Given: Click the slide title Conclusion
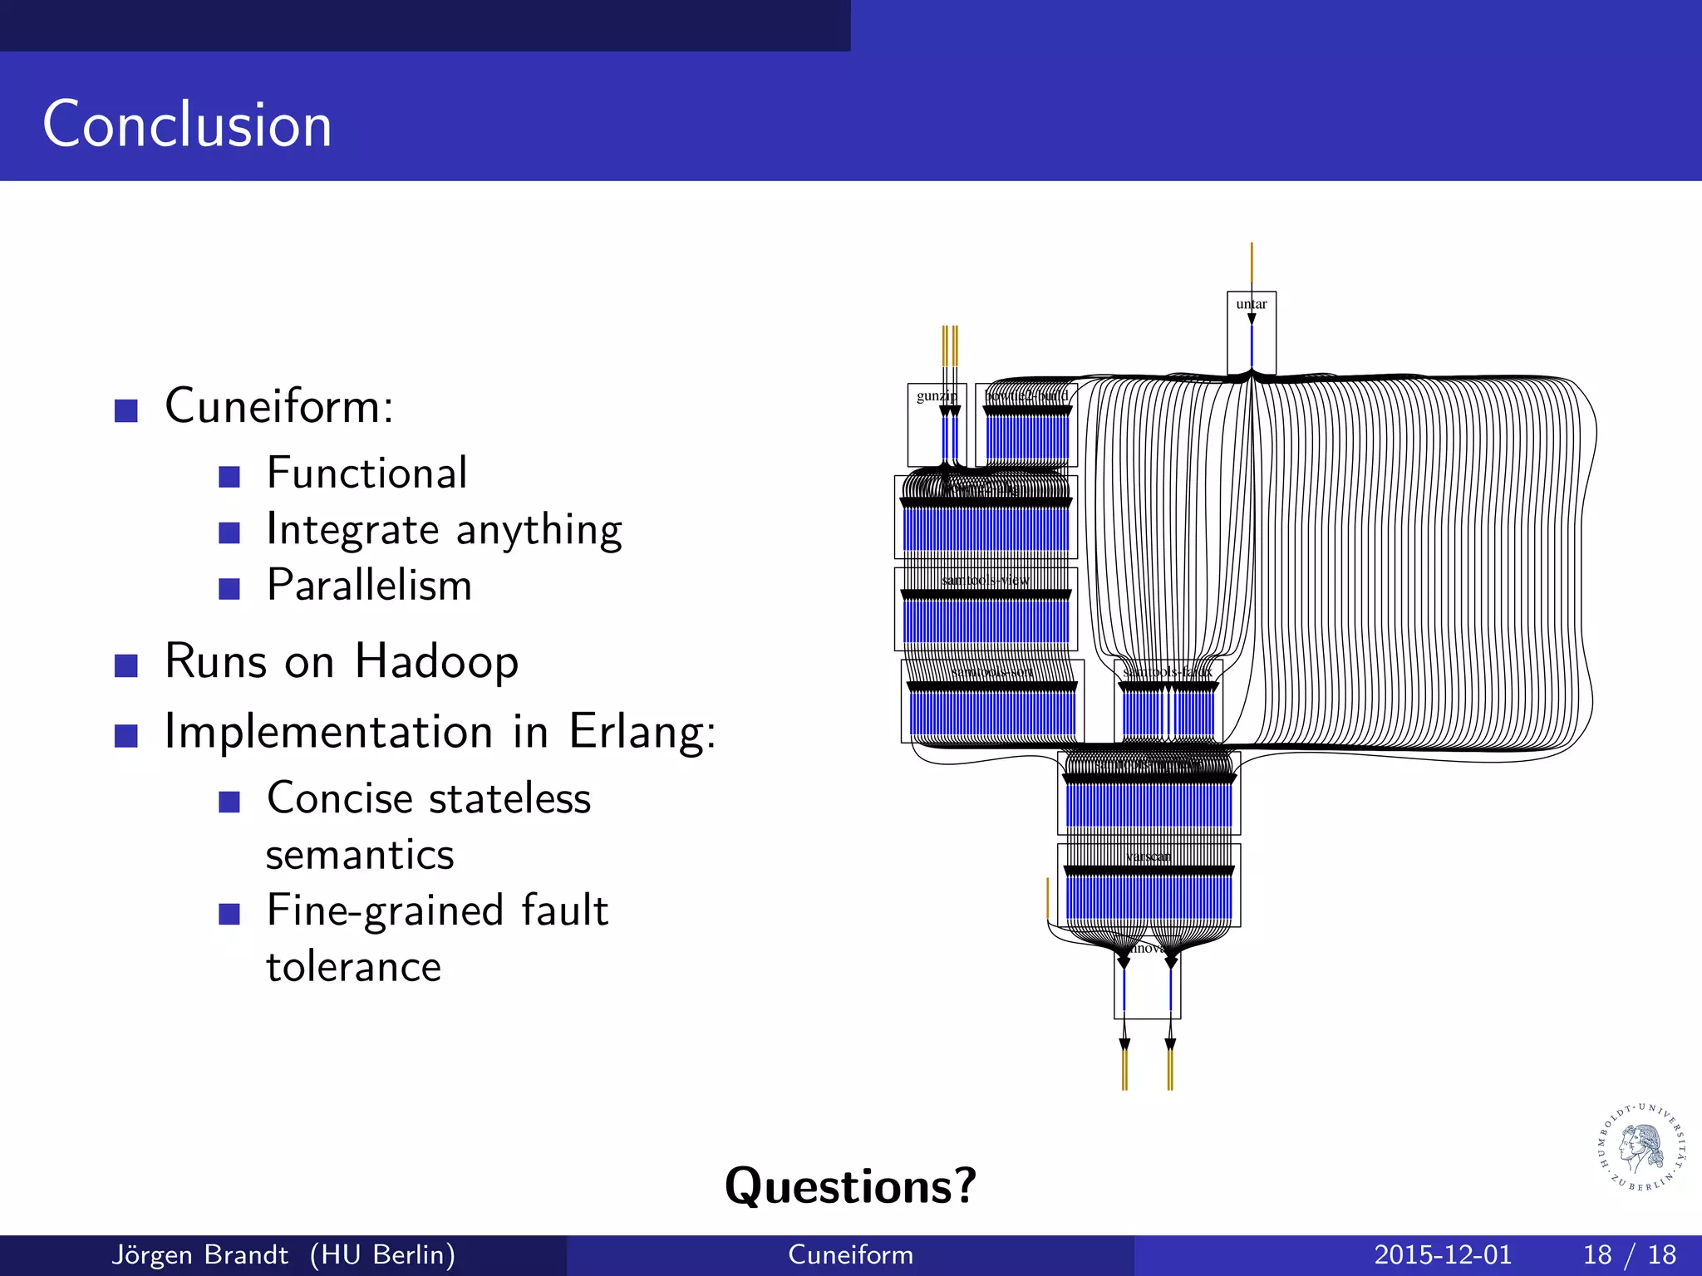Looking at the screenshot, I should (187, 125).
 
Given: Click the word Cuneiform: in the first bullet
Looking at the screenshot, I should (279, 406).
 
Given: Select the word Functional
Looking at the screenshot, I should (366, 474).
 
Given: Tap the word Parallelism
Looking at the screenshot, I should (369, 586).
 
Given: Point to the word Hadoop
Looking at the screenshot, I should (436, 662).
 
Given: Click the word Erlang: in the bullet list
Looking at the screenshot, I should (642, 732).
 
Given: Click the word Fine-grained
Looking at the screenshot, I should (384, 911).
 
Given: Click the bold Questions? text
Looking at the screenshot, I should (850, 1185).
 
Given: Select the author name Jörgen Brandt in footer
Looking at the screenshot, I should (199, 1255).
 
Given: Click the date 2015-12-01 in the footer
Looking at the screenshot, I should (1443, 1255).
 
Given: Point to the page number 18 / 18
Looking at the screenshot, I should (1629, 1255).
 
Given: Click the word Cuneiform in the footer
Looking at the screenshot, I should (850, 1255).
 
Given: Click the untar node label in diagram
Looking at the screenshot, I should (1251, 304).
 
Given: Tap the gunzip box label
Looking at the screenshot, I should (934, 396).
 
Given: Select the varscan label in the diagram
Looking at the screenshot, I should (1148, 856).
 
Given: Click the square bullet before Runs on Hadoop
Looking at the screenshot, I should (126, 665).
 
